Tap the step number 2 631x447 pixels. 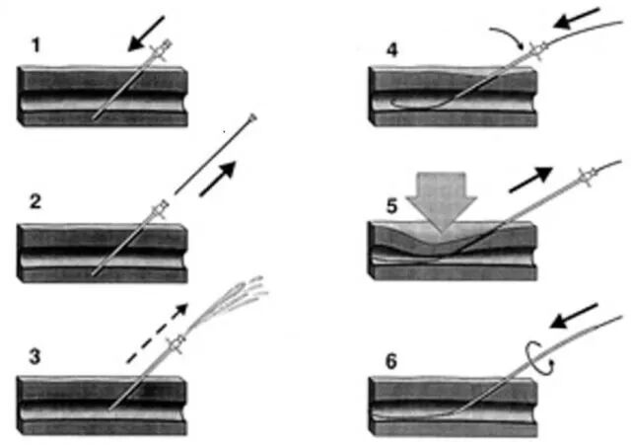(35, 203)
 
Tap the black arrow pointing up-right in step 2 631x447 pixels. (219, 181)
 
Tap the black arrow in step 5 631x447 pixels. (530, 181)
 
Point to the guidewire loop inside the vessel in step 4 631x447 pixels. (404, 101)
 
